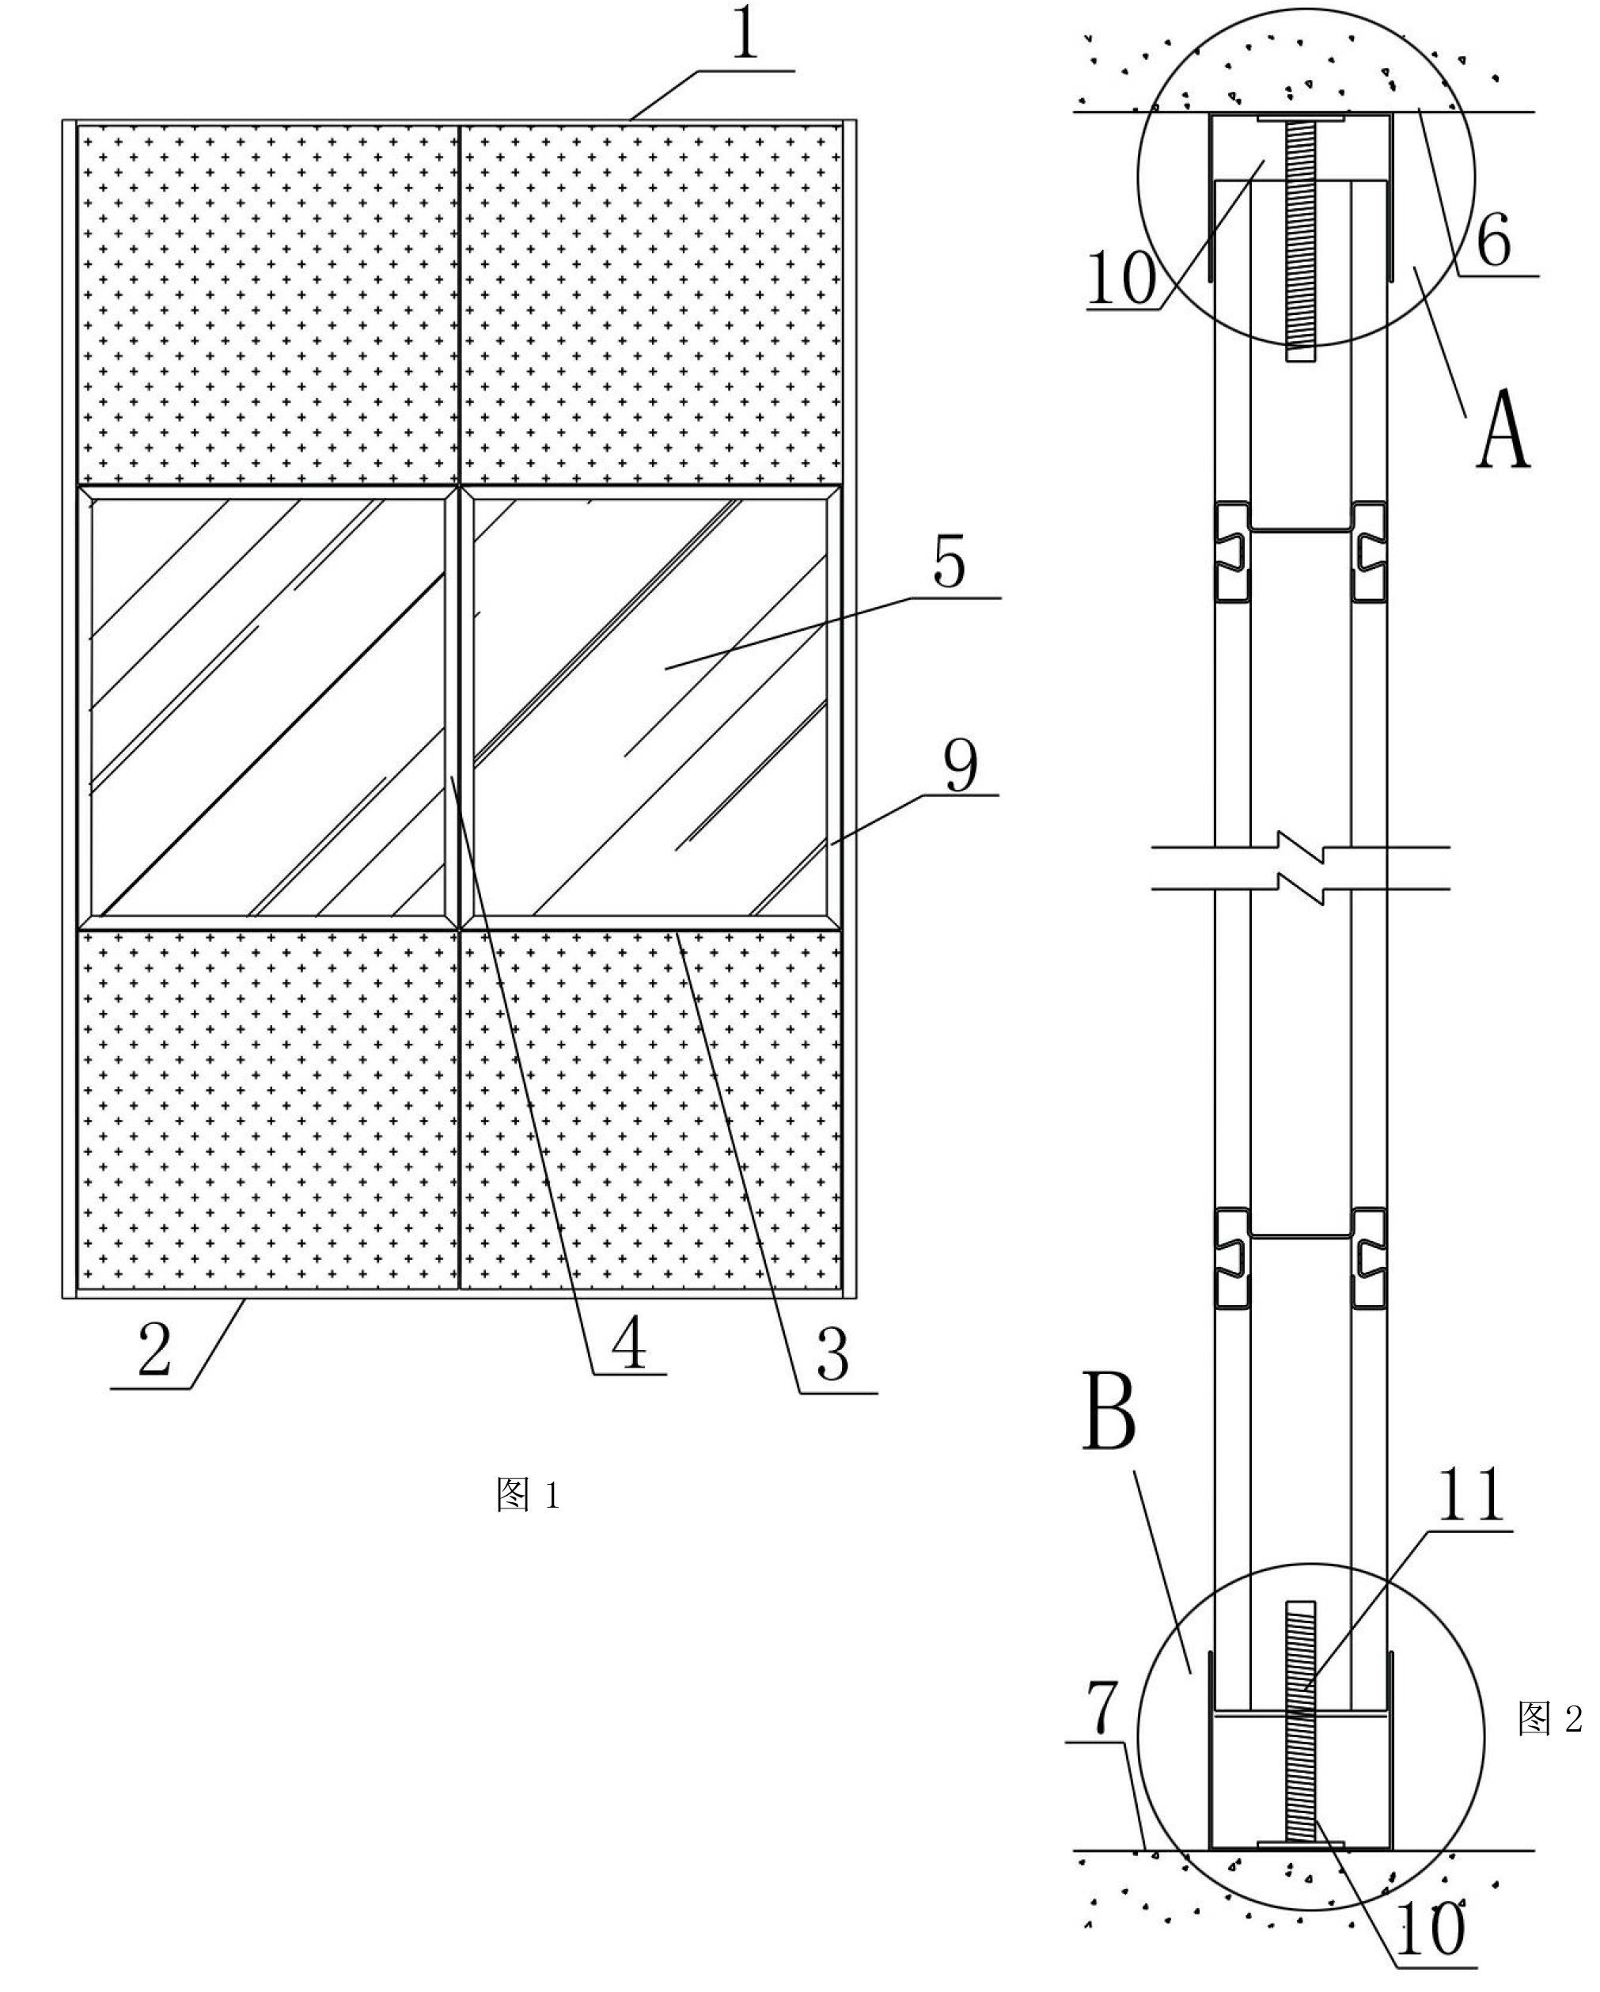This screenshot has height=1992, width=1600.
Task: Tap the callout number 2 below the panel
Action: pos(155,1351)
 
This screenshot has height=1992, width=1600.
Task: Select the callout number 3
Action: pos(833,1356)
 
